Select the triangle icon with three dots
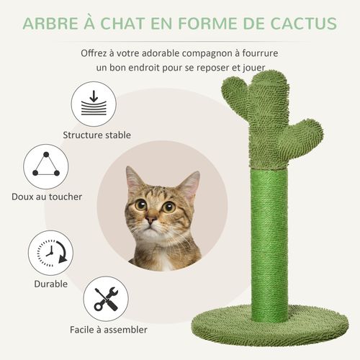(46, 166)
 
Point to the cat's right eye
(168, 207)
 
